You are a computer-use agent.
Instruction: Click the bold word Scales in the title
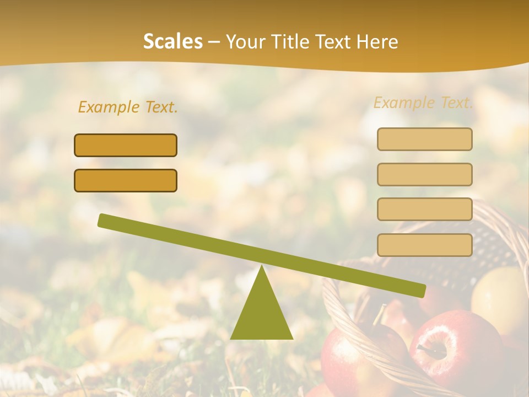pyautogui.click(x=172, y=41)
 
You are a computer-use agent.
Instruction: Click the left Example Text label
pyautogui.click(x=128, y=107)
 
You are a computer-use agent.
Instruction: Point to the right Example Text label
pyautogui.click(x=423, y=103)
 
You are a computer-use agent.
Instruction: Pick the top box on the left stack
pyautogui.click(x=126, y=145)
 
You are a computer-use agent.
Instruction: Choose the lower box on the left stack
pyautogui.click(x=126, y=180)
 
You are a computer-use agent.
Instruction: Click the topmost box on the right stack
pyautogui.click(x=424, y=139)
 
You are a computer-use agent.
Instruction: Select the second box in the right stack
pyautogui.click(x=424, y=174)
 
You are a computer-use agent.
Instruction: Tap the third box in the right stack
pyautogui.click(x=424, y=209)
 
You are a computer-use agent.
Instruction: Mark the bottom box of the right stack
pyautogui.click(x=424, y=244)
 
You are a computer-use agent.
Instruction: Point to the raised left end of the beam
pyautogui.click(x=105, y=221)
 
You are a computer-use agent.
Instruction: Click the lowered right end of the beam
pyautogui.click(x=419, y=289)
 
